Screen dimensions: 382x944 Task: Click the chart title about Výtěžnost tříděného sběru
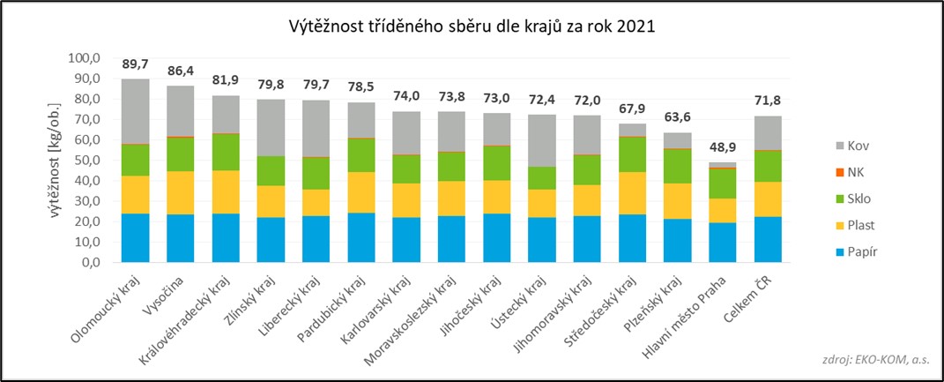click(x=472, y=26)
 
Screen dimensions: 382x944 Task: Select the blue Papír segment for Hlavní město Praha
click(x=723, y=242)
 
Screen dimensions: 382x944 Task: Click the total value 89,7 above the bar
click(x=135, y=64)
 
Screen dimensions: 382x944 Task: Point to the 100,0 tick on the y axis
click(x=85, y=59)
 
